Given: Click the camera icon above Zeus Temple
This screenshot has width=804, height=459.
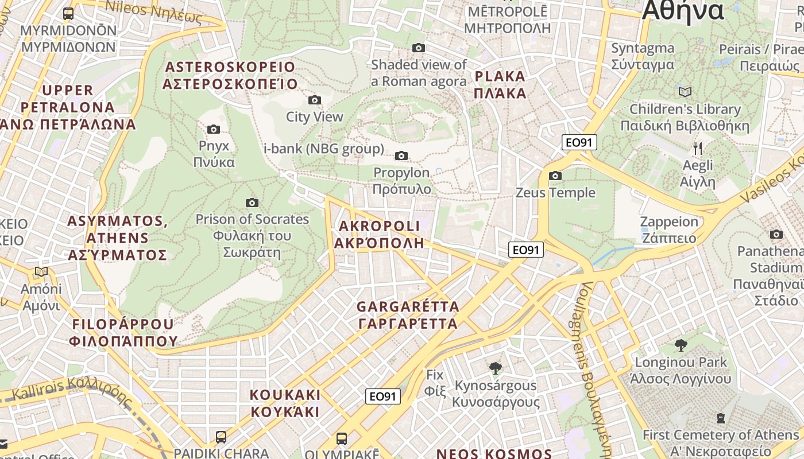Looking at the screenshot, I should [x=555, y=176].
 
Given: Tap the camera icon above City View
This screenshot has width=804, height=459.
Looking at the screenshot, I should [x=314, y=100].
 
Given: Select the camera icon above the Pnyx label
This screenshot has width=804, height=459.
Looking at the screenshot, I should [x=214, y=129].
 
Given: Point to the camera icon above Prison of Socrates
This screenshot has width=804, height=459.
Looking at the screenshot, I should [x=252, y=203].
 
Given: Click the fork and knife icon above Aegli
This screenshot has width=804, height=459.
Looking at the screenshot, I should [x=698, y=149].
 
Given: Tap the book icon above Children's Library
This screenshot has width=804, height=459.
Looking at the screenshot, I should [x=685, y=92].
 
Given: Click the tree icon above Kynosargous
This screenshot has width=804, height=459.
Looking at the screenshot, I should [x=494, y=368].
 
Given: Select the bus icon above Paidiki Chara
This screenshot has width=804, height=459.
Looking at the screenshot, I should [x=221, y=437].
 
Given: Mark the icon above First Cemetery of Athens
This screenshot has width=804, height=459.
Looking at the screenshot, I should [x=721, y=418].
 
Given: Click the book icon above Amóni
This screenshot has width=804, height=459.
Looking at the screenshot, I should [x=41, y=272].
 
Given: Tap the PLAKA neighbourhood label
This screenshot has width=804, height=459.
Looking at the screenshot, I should [x=500, y=84].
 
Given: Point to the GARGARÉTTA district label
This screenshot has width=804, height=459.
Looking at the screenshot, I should [x=408, y=315].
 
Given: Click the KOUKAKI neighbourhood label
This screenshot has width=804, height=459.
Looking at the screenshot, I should [x=285, y=403].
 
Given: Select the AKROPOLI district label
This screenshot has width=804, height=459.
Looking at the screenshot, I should [x=379, y=234].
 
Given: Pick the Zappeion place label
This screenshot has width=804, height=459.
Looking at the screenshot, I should [x=669, y=229].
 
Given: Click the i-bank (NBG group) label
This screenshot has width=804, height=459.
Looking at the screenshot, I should [x=323, y=149].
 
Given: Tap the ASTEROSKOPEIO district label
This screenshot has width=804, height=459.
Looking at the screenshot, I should [x=230, y=76].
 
